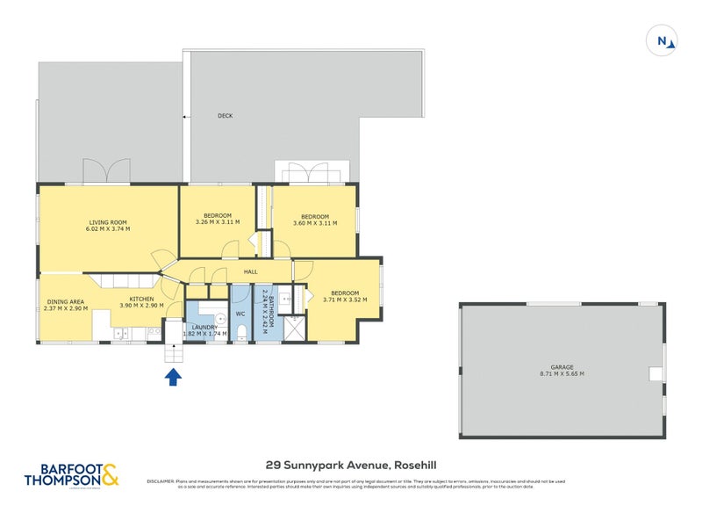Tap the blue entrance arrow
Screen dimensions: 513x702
[174, 377]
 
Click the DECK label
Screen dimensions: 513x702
[226, 116]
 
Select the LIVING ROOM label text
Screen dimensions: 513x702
[109, 222]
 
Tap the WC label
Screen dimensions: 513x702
[240, 313]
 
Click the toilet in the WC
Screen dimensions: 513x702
[240, 332]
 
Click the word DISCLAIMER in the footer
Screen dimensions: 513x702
[161, 480]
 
